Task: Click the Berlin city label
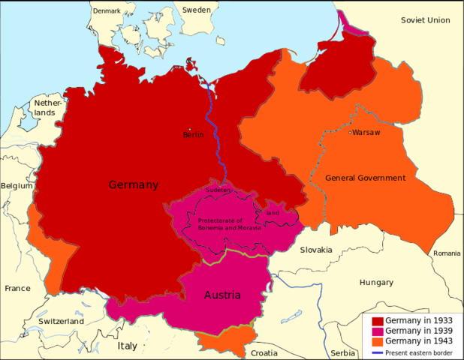(x=193, y=136)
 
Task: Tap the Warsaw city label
(x=366, y=133)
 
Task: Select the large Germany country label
(x=133, y=184)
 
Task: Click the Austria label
(x=222, y=295)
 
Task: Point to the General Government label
(x=365, y=178)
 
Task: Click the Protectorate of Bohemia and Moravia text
(x=230, y=223)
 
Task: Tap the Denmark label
(x=107, y=10)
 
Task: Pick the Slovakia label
(x=315, y=249)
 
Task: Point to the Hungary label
(x=376, y=283)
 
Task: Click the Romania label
(x=447, y=253)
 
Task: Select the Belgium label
(x=17, y=185)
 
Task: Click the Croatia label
(x=264, y=352)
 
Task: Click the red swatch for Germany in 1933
(x=377, y=320)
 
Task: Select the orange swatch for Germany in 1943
(x=377, y=341)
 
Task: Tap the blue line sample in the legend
(x=377, y=352)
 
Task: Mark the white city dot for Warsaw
(x=349, y=133)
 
